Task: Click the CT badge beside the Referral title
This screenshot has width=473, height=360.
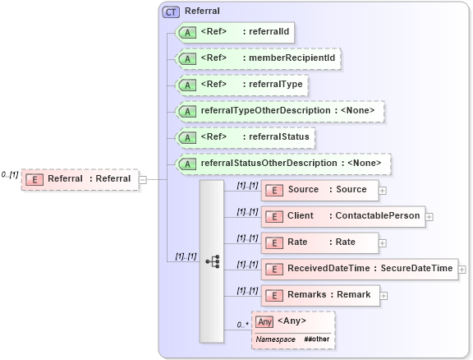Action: click(171, 12)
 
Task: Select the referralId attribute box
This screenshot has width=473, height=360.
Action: click(236, 33)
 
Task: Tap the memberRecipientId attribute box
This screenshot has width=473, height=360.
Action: click(259, 58)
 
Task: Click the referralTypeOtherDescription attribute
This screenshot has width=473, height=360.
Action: click(280, 111)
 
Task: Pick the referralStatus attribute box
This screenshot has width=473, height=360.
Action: click(246, 136)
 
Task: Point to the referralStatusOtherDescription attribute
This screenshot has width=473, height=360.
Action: click(283, 163)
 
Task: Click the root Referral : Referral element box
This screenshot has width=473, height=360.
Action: click(80, 179)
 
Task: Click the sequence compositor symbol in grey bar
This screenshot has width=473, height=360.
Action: click(212, 261)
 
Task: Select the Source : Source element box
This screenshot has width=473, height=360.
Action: click(319, 190)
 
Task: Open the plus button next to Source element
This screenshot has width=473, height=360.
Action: click(383, 190)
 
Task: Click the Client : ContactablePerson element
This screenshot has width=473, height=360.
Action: click(342, 216)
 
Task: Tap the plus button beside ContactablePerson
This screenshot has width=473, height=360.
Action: click(429, 217)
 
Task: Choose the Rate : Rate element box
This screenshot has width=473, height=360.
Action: click(319, 242)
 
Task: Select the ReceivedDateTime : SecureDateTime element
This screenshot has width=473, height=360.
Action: click(359, 268)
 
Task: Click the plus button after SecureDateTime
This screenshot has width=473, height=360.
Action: click(462, 269)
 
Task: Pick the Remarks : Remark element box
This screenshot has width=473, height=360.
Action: click(319, 294)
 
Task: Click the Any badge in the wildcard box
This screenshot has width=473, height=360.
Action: click(264, 321)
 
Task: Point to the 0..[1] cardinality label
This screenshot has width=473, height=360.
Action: click(10, 174)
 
